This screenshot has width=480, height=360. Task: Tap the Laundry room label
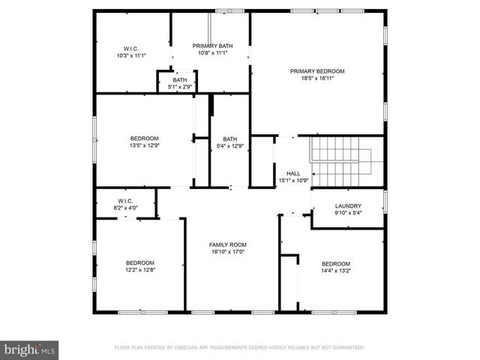(348, 205)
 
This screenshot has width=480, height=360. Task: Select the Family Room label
(227, 244)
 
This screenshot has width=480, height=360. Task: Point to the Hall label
(293, 173)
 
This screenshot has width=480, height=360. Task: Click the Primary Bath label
(212, 46)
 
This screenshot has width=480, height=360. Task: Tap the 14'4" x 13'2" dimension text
(336, 271)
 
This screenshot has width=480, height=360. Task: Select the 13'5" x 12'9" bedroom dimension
(145, 145)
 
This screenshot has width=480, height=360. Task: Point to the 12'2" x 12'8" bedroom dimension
(139, 269)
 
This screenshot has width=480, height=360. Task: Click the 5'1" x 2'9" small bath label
(180, 86)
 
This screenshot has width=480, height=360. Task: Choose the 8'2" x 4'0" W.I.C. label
(124, 207)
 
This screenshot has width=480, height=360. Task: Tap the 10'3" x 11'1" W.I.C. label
(131, 55)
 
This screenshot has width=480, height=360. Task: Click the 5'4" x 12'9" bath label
(229, 145)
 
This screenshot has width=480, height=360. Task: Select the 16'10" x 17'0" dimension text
(227, 252)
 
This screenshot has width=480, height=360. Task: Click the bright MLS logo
(29, 349)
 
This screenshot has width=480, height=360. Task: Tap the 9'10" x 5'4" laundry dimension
(348, 213)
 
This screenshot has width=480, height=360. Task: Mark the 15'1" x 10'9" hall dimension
(293, 181)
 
